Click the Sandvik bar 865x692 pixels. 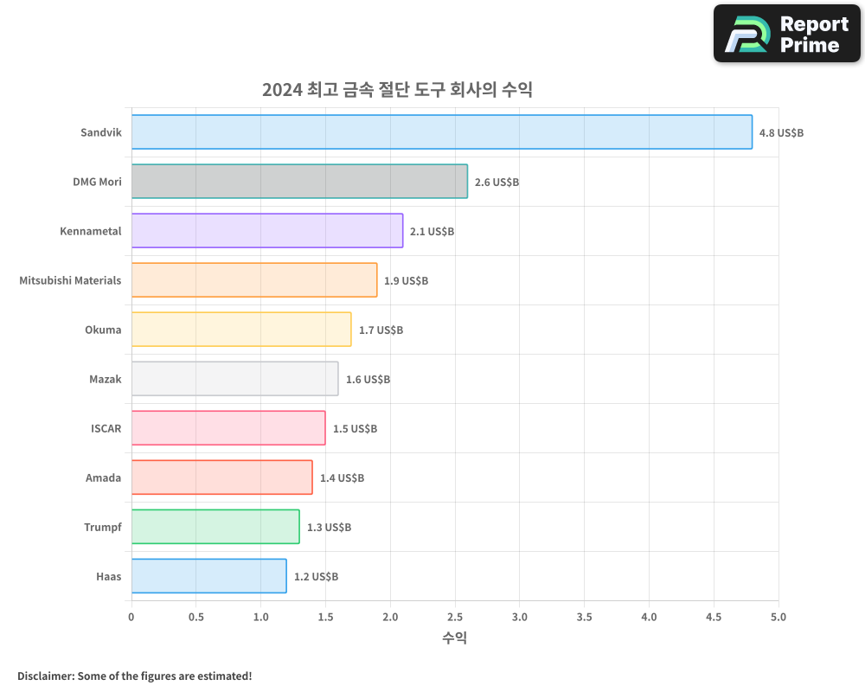[x=441, y=132]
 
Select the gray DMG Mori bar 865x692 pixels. [x=299, y=182]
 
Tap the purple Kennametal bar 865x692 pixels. [x=266, y=231]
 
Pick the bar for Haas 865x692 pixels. [x=208, y=576]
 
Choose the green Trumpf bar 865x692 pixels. [x=215, y=527]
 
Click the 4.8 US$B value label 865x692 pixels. [x=781, y=133]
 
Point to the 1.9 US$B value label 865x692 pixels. [x=407, y=281]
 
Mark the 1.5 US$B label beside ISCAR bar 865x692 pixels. [x=355, y=429]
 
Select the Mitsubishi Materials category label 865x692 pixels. [x=70, y=280]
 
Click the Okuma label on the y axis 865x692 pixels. [x=103, y=330]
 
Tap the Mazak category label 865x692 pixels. [x=105, y=379]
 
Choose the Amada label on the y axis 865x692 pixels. [x=103, y=477]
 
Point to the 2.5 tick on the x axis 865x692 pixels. [x=455, y=617]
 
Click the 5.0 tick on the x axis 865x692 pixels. [x=778, y=617]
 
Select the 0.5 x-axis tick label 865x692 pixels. [x=196, y=617]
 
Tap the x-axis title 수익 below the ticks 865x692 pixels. [x=455, y=638]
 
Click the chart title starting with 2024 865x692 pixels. [x=397, y=89]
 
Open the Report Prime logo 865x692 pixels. [x=787, y=34]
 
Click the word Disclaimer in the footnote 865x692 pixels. [x=45, y=676]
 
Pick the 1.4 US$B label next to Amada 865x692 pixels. [x=342, y=478]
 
